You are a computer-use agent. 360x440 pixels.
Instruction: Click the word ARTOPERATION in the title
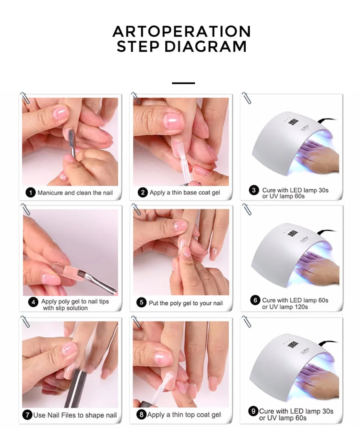click(x=181, y=31)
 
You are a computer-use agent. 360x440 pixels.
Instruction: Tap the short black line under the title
click(x=183, y=83)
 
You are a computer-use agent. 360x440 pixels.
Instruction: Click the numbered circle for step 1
click(x=31, y=193)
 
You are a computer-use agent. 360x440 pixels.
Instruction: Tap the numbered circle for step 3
click(x=254, y=190)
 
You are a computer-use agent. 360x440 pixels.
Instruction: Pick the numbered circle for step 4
click(x=34, y=302)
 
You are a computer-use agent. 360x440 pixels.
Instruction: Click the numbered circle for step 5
click(x=141, y=303)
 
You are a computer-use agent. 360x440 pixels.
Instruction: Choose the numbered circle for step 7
click(x=27, y=415)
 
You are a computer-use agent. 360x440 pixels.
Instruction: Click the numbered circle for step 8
click(x=141, y=415)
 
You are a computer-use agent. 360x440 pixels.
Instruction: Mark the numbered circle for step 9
click(x=253, y=411)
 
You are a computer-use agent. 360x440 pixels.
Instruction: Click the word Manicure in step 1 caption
click(x=50, y=193)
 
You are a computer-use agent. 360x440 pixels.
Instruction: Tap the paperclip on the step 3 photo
click(x=246, y=98)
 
